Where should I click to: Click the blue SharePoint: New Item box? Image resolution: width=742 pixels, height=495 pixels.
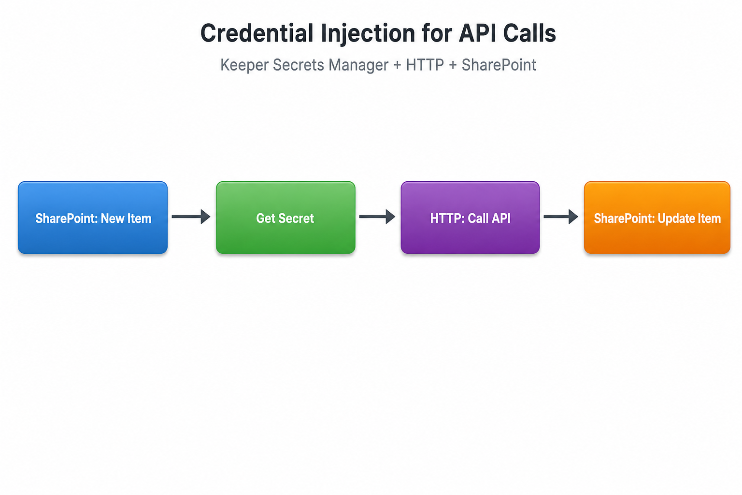(x=93, y=218)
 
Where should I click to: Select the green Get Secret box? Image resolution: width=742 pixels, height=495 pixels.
(x=285, y=218)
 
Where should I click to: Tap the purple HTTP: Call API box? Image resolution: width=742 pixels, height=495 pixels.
(x=470, y=218)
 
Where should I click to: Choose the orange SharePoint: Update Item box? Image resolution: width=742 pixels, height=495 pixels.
(x=657, y=218)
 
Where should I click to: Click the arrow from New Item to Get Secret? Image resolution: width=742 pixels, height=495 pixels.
(x=191, y=217)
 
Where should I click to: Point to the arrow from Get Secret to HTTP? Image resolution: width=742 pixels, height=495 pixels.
(x=377, y=217)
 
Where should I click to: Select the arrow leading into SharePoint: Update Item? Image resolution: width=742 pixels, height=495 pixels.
(x=561, y=217)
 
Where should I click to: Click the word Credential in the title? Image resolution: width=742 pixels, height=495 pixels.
(x=257, y=33)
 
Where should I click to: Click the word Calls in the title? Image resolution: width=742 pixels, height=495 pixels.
(x=529, y=33)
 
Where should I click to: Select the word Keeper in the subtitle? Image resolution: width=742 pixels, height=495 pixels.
(x=244, y=65)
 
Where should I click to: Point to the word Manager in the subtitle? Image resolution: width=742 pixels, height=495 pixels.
(x=358, y=65)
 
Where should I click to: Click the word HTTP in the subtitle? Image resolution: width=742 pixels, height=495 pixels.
(x=425, y=65)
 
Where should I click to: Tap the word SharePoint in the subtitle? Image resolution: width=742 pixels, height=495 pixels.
(x=499, y=65)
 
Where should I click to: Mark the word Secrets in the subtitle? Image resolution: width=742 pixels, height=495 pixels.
(x=299, y=65)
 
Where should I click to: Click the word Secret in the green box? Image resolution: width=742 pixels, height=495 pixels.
(x=296, y=218)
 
